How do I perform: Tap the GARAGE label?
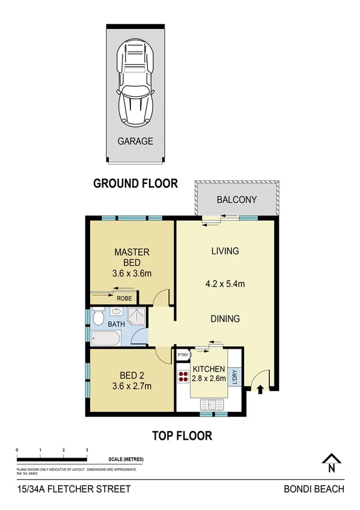point(135,142)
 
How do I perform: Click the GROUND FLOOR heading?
point(135,183)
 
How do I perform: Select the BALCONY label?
point(236,200)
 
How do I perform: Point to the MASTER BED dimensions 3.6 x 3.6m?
point(132,273)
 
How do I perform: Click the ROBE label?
point(124,298)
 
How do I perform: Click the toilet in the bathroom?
point(100,314)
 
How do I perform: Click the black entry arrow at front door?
point(260,390)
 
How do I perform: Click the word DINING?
point(225,319)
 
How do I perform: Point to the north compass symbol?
point(331,462)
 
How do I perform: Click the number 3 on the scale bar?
point(87,450)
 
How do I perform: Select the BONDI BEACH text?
point(314,490)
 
